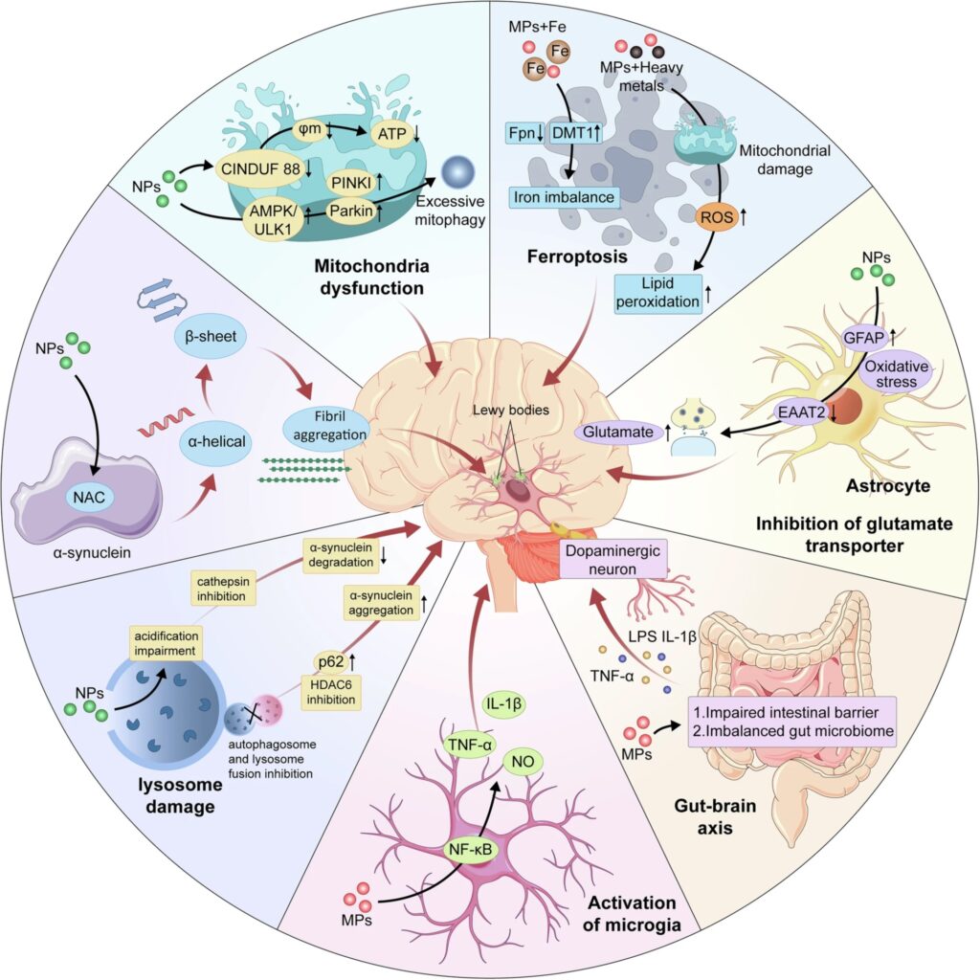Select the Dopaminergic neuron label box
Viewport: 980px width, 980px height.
pos(615,557)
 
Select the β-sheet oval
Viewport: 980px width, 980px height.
pos(212,337)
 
